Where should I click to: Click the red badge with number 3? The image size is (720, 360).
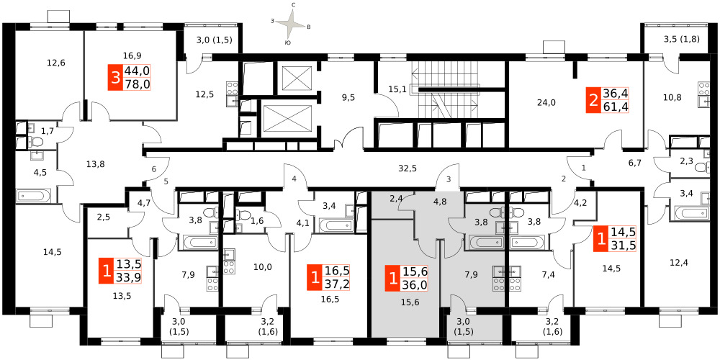114,78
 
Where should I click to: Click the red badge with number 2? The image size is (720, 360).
594,101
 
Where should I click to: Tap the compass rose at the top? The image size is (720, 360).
290,24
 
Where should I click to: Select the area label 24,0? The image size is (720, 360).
546,103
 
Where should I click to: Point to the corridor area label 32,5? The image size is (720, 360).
408,168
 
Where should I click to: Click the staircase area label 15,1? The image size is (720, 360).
396,89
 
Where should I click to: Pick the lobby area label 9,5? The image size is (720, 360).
349,97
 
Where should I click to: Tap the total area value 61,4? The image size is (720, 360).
616,107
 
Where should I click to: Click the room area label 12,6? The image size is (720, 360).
56,63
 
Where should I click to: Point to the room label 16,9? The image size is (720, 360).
132,56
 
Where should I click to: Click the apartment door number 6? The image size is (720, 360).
154,169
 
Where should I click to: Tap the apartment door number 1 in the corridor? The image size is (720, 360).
584,168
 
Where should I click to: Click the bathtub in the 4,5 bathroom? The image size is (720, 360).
32,197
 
